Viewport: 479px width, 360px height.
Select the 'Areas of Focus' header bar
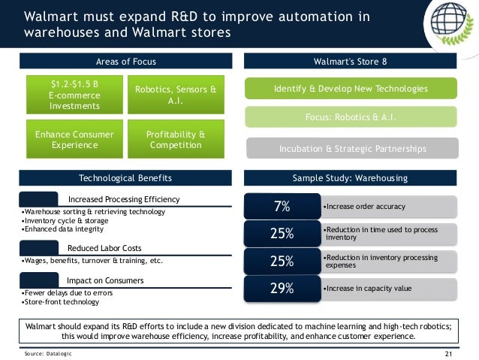click(x=126, y=60)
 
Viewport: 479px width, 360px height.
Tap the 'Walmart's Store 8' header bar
click(x=350, y=60)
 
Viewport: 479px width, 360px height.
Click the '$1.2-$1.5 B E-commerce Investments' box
click(x=74, y=95)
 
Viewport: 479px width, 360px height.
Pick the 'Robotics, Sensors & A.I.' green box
click(x=175, y=95)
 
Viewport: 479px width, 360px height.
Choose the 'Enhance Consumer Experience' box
click(x=74, y=139)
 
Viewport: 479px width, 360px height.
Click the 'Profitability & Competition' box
click(x=175, y=139)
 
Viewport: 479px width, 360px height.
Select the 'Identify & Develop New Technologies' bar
click(x=350, y=89)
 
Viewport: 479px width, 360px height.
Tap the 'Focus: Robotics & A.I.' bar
click(x=350, y=117)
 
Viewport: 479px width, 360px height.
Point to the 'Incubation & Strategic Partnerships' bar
click(x=350, y=148)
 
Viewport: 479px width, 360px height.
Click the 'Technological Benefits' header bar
click(x=126, y=178)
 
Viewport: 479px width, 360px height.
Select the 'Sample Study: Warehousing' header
click(x=350, y=178)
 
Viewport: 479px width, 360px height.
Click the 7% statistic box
click(x=282, y=206)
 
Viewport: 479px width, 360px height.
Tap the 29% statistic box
click(x=282, y=288)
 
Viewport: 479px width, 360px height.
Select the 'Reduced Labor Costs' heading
click(x=104, y=248)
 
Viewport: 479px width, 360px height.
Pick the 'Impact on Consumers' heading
click(x=105, y=280)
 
